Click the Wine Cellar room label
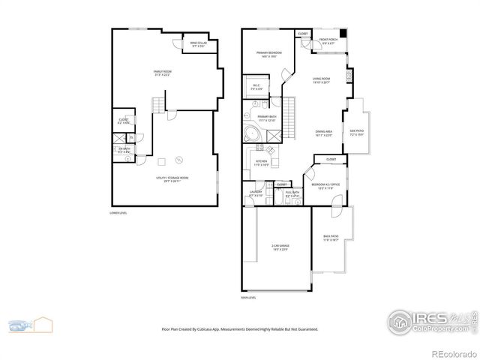tap(198, 44)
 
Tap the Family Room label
tap(162, 73)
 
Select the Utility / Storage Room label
tap(172, 178)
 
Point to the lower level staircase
tap(157, 103)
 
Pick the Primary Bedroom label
tap(268, 54)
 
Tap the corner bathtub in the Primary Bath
tap(253, 135)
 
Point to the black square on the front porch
tap(343, 34)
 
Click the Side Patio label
tap(356, 133)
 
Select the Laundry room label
tap(256, 195)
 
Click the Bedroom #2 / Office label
tap(325, 185)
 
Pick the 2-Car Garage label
tap(280, 247)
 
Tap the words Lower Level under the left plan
tap(118, 213)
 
